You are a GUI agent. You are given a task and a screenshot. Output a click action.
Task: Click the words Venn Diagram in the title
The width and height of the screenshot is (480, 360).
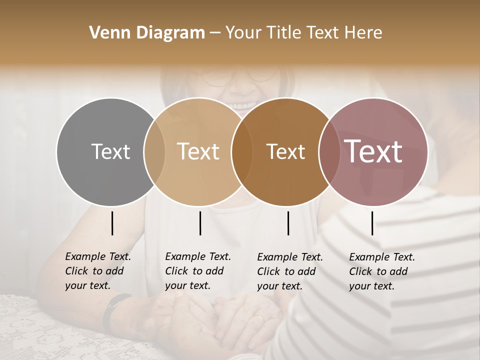pyautogui.click(x=147, y=33)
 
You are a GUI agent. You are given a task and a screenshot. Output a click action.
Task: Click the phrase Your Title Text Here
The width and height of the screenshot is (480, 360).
pyautogui.click(x=303, y=33)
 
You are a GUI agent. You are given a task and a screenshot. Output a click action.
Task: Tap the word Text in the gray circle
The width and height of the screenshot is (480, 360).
pyautogui.click(x=110, y=151)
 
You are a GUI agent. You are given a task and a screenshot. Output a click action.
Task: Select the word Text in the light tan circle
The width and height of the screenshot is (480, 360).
pyautogui.click(x=198, y=151)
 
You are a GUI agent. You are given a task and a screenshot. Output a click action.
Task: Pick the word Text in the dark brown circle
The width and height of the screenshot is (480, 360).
pyautogui.click(x=285, y=151)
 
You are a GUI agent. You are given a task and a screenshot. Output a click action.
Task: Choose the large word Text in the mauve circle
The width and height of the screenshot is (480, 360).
pyautogui.click(x=373, y=151)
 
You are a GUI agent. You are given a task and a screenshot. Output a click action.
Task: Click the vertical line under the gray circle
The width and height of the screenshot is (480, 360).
pyautogui.click(x=112, y=223)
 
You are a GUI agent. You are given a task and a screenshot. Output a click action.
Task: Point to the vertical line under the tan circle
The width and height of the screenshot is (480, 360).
pyautogui.click(x=200, y=223)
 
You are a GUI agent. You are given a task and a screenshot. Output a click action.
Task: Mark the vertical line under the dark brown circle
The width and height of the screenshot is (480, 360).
pyautogui.click(x=288, y=223)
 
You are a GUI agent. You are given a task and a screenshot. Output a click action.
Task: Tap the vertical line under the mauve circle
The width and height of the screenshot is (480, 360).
pyautogui.click(x=372, y=223)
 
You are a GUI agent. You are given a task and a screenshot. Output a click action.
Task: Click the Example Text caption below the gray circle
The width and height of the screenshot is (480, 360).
pyautogui.click(x=97, y=271)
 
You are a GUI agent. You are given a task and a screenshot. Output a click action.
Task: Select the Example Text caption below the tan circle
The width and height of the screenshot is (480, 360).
pyautogui.click(x=197, y=271)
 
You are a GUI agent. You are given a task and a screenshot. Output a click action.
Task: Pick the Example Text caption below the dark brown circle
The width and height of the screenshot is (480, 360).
pyautogui.click(x=289, y=271)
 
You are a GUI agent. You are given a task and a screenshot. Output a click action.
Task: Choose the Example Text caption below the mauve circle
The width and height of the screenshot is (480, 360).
pyautogui.click(x=381, y=271)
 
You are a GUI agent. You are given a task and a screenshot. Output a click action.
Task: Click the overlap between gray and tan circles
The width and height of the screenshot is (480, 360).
pyautogui.click(x=154, y=151)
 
